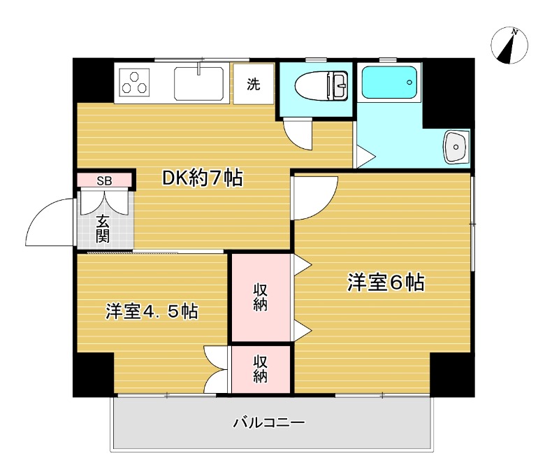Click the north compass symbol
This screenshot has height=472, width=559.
509,45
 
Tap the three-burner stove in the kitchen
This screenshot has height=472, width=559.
135,83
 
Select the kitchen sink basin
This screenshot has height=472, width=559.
198,83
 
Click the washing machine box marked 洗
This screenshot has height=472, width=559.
253,84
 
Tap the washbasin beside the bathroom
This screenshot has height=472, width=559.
456,147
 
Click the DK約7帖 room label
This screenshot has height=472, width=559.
202,179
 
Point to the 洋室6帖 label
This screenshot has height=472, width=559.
386,283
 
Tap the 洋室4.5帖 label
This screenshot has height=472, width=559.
152,311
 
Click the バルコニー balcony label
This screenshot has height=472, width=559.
269,422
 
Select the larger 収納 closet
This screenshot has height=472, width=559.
261,298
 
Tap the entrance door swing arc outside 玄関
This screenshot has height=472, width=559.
49,223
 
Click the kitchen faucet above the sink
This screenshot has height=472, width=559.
200,69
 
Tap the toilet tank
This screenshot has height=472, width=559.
340,86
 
